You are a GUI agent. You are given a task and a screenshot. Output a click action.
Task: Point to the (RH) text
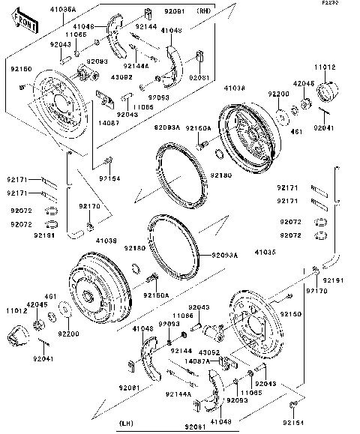tap(204, 12)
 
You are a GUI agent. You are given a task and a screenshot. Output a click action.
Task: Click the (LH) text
tap(127, 424)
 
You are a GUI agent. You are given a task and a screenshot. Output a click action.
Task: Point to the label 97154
tap(109, 178)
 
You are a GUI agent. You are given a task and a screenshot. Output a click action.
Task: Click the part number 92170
tap(89, 205)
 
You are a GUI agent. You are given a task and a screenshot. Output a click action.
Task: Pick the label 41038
tap(235, 88)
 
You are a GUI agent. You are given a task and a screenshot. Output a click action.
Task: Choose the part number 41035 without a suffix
tap(265, 254)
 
